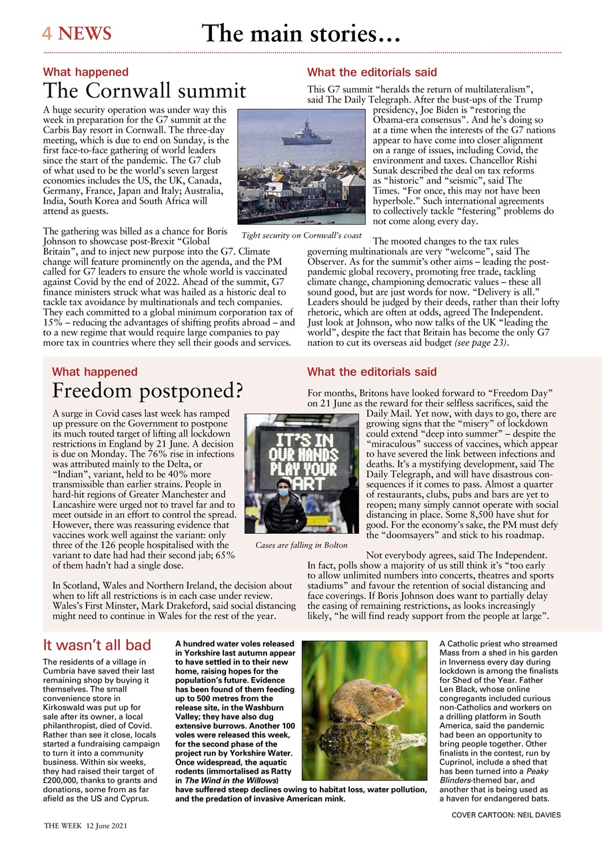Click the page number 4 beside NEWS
point(47,33)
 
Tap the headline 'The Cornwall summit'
point(145,91)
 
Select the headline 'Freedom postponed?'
point(147,390)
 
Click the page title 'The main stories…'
point(301,33)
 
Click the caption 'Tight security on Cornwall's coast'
point(301,235)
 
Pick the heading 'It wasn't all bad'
point(97,645)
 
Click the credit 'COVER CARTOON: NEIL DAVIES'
point(506,815)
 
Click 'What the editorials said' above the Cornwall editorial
point(372,72)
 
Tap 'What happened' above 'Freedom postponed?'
point(95,372)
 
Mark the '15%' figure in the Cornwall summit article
point(53,323)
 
